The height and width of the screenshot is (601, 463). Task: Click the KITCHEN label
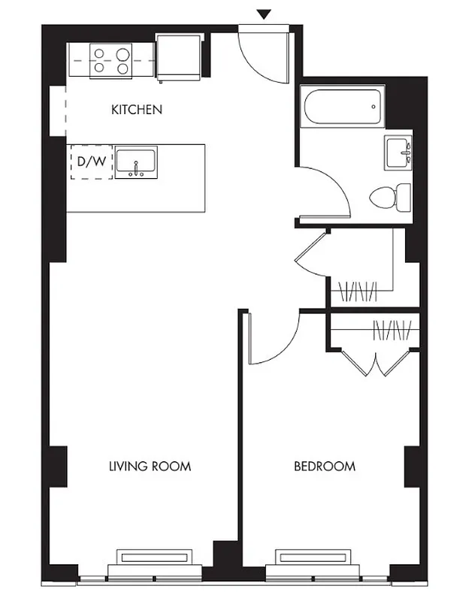point(137,110)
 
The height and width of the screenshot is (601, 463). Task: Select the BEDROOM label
point(324,467)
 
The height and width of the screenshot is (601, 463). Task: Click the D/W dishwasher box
point(91,162)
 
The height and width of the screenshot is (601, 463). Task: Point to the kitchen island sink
point(136,162)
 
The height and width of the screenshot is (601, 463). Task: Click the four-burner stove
point(110,60)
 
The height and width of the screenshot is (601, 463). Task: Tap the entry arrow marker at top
point(264,14)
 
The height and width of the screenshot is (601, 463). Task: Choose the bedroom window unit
point(313,560)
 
